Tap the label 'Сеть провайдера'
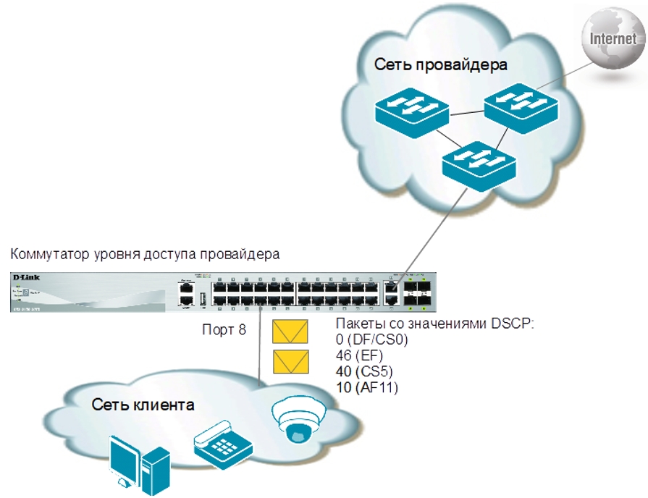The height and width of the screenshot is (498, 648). coord(441,65)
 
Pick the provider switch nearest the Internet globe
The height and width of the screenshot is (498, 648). coord(521,104)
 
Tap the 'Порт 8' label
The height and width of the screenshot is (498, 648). coord(224,330)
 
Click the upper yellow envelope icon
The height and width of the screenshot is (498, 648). coord(291,332)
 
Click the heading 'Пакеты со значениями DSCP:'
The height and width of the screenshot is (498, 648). coord(435,324)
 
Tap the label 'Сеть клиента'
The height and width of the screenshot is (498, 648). coord(143,405)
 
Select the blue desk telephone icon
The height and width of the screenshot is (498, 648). coord(222,443)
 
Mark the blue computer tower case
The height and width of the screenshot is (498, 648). coord(156,470)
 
